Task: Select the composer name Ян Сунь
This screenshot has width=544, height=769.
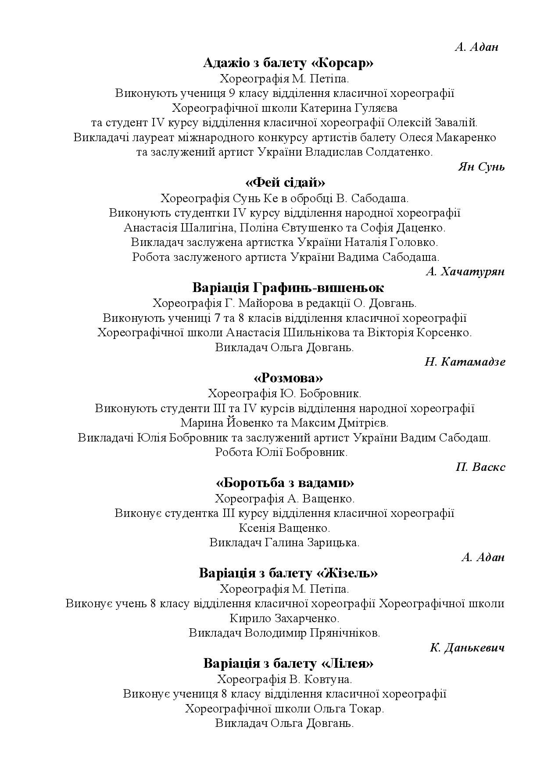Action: pos(481,167)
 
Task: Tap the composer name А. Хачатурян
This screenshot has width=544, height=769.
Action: pos(465,272)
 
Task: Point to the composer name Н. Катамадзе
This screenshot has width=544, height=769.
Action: pos(465,362)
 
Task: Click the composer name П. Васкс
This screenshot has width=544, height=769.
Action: pos(480,467)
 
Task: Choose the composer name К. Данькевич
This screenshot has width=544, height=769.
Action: pos(467,648)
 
